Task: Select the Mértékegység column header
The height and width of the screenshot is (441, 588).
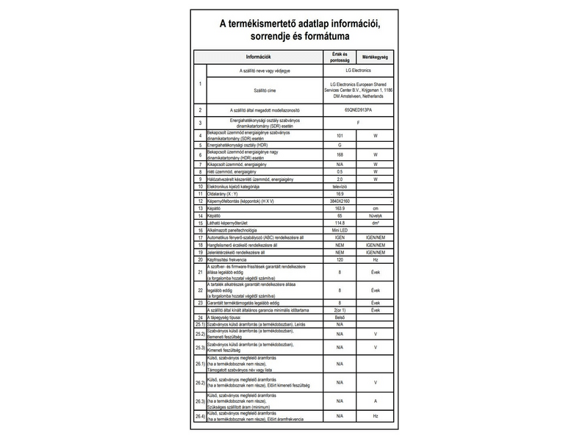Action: click(376, 57)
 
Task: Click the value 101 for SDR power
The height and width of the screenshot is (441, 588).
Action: click(340, 136)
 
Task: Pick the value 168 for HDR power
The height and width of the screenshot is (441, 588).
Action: click(340, 155)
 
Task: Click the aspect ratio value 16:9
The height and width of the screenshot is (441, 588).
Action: click(340, 194)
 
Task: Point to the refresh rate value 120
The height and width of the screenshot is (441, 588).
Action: click(340, 259)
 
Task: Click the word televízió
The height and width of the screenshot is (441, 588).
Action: click(340, 187)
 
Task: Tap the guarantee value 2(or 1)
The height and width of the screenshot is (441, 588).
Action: click(340, 309)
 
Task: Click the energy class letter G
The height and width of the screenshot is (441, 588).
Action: click(340, 146)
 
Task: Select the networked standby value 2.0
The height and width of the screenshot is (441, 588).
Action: click(340, 179)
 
